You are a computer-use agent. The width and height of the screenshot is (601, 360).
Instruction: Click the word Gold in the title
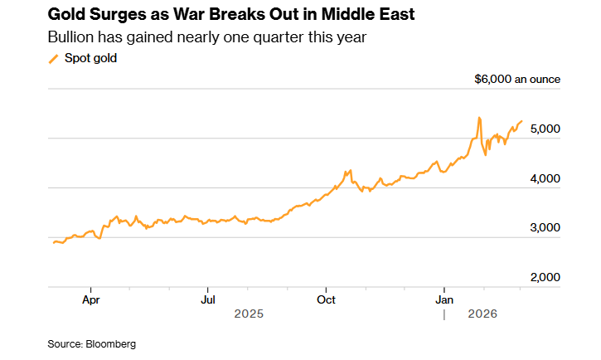click(x=68, y=14)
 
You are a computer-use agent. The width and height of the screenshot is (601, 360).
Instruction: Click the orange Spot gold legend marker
click(x=54, y=59)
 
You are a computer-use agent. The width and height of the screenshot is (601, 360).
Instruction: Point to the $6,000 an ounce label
click(x=517, y=80)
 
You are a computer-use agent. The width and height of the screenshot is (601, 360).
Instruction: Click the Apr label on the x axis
click(x=91, y=299)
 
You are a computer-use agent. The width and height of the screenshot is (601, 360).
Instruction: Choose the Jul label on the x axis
click(x=209, y=299)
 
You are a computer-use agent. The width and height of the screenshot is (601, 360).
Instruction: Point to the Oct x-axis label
click(x=327, y=299)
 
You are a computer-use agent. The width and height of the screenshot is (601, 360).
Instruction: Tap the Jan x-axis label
click(x=445, y=299)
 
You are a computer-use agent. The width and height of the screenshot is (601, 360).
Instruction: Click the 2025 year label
click(x=249, y=314)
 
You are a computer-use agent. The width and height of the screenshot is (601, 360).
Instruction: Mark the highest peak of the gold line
click(x=479, y=118)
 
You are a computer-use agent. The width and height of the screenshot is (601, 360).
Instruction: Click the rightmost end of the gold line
click(x=521, y=121)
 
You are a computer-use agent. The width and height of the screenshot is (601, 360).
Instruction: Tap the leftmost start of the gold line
click(x=53, y=243)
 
